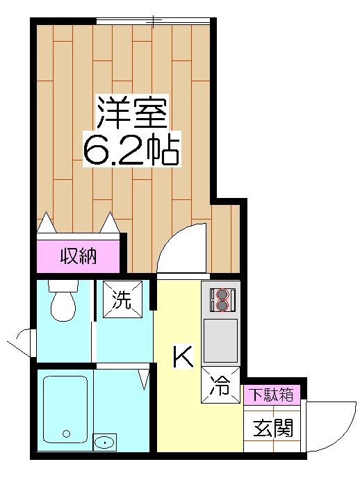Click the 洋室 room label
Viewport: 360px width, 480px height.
(x=131, y=111)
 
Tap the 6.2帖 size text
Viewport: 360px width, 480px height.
(x=131, y=148)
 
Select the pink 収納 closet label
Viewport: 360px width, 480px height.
(x=78, y=256)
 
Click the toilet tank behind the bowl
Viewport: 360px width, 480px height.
(x=63, y=287)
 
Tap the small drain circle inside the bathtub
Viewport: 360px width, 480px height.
(x=67, y=433)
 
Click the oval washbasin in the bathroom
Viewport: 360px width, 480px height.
(x=105, y=442)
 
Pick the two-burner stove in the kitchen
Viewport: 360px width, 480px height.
(x=222, y=299)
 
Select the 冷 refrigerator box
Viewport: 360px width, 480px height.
(x=220, y=386)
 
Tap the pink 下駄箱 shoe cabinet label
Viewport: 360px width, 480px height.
(x=271, y=395)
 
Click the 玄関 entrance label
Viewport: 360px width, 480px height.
(x=272, y=427)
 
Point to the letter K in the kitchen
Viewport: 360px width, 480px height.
(x=182, y=357)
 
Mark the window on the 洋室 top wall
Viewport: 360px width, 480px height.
(x=153, y=21)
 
